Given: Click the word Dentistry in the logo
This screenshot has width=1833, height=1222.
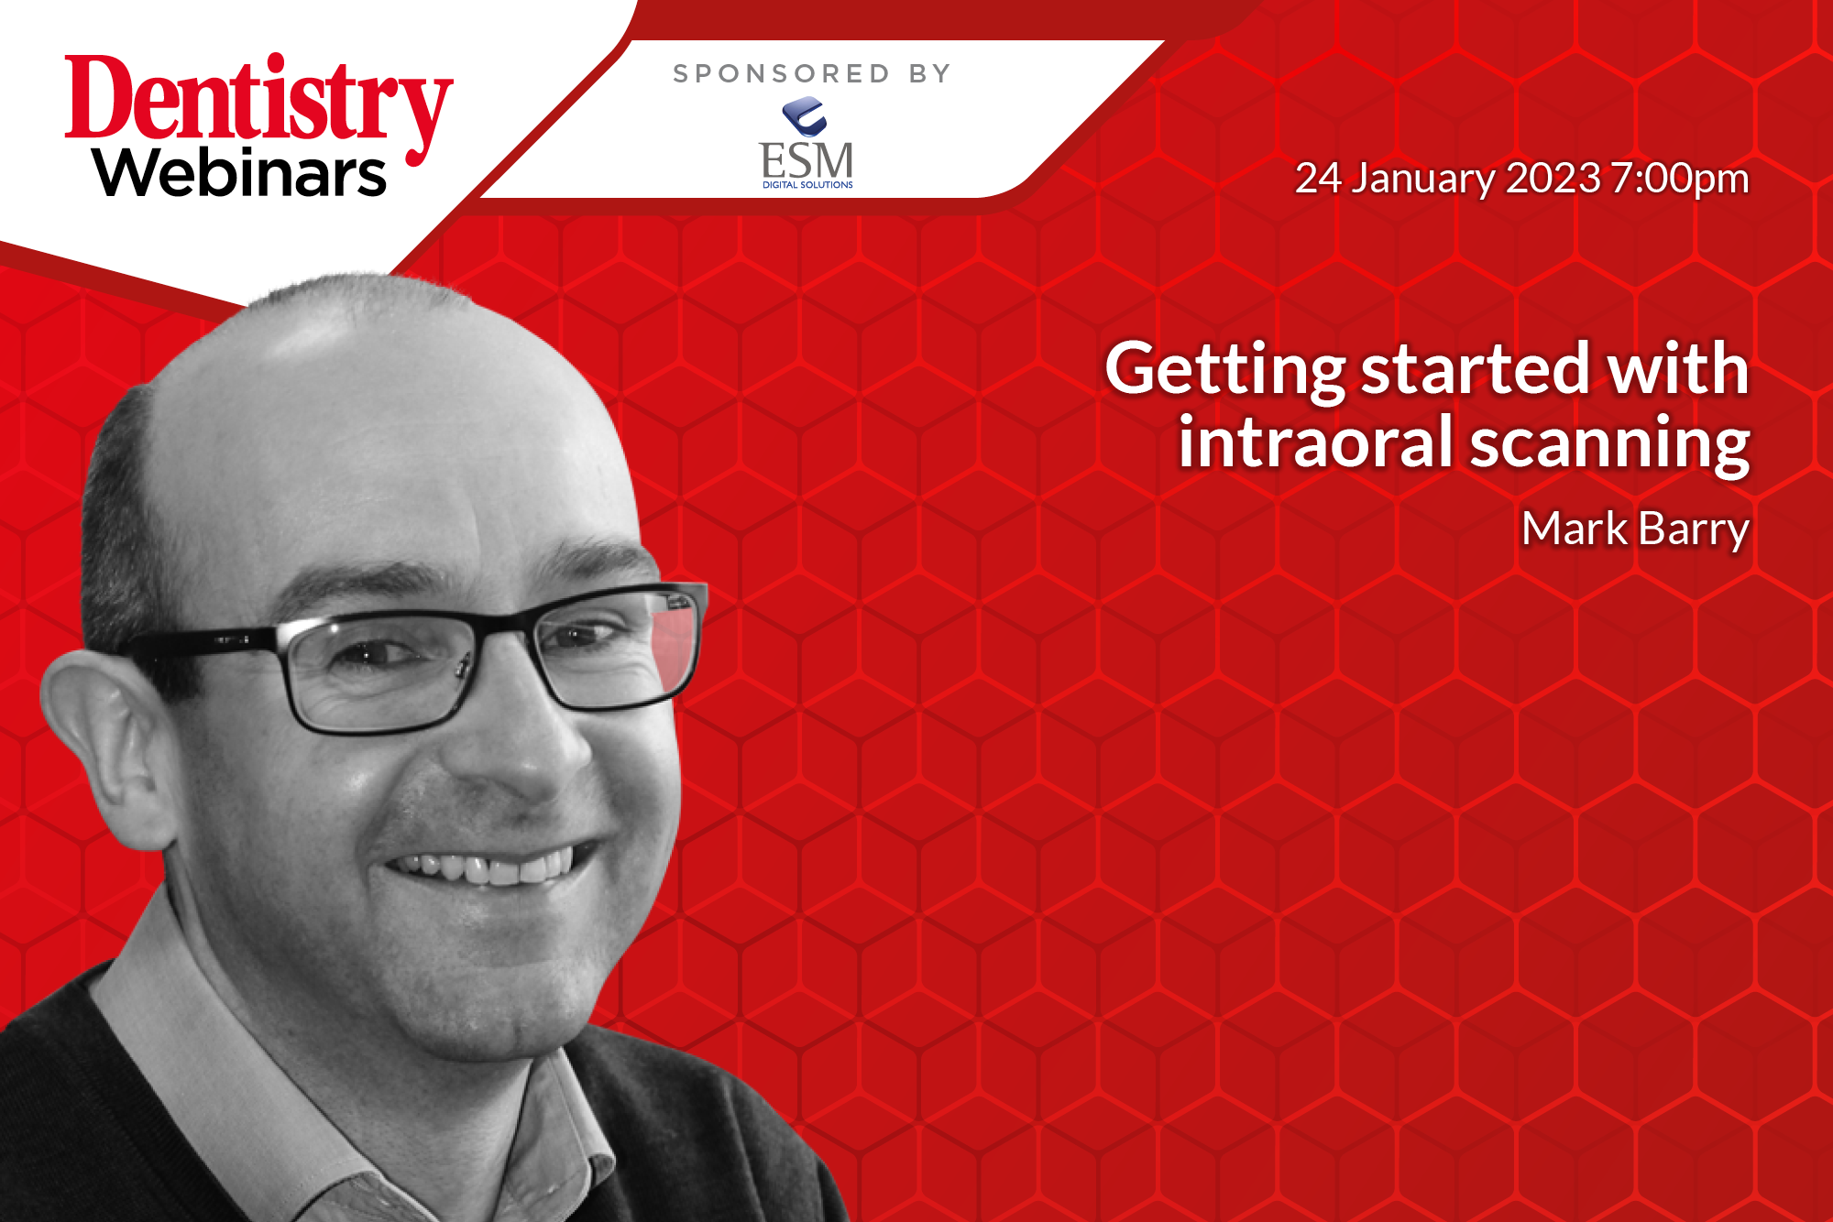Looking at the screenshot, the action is [259, 108].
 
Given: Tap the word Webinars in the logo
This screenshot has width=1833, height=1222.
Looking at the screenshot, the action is [239, 172].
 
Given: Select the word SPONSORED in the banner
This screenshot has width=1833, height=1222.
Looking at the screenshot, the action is [781, 73].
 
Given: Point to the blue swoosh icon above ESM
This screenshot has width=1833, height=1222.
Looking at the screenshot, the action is [806, 117].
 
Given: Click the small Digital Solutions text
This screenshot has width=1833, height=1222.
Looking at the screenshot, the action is [807, 185].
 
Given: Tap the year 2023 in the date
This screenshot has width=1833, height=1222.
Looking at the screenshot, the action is [1553, 178].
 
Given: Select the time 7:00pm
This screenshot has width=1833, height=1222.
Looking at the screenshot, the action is [1680, 180].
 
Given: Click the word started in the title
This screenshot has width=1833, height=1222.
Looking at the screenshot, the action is [1476, 368].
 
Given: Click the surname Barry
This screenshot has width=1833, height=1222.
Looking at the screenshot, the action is [1694, 531].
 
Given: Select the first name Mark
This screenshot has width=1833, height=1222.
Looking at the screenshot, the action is [1575, 529].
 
